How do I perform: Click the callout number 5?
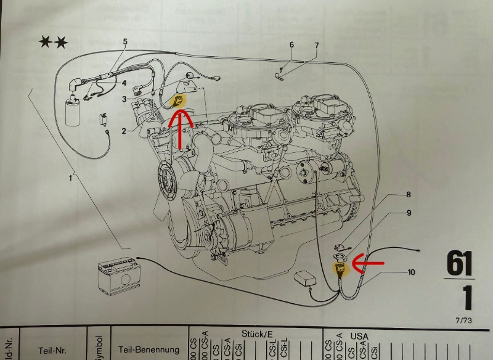tap(124, 42)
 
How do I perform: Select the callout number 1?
tap(71, 178)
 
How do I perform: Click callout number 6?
tap(291, 45)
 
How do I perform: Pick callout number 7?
tap(316, 45)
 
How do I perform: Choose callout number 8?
tap(407, 195)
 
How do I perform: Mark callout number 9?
tap(407, 213)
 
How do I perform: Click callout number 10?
tap(410, 271)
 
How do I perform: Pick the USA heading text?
tap(359, 335)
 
